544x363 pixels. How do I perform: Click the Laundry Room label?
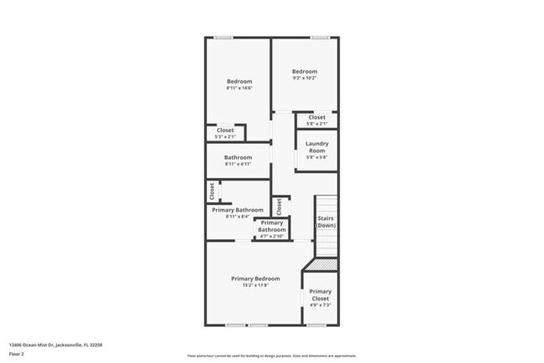point(316,146)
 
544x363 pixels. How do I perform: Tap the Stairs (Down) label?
point(326,222)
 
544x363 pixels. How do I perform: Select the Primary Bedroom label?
point(255,279)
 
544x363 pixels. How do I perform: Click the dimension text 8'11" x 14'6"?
point(239,88)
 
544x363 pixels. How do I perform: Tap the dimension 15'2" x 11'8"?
point(255,286)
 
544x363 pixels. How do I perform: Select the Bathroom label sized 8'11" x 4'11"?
point(238,157)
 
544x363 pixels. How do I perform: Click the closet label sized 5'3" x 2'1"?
point(225,130)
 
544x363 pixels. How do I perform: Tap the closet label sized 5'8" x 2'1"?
point(317,118)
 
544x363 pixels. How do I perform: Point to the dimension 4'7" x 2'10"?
point(272,237)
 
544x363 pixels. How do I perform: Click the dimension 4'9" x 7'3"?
point(321,305)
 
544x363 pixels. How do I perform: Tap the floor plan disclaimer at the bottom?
point(271,355)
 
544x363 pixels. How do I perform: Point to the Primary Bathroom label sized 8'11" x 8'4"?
point(238,210)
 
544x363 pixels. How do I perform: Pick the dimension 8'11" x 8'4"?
point(238,217)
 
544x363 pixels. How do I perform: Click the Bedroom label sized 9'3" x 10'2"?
point(305,72)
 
